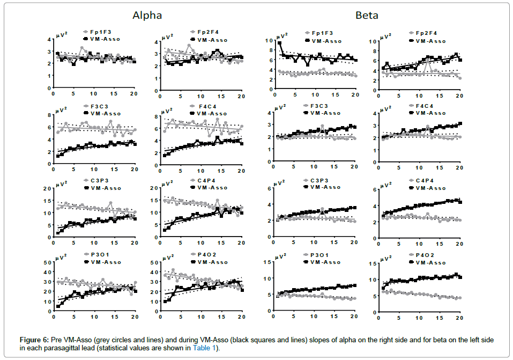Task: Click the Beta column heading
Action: pos(367,16)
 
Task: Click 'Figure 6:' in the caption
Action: pos(34,340)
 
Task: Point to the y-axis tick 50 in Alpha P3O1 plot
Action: pos(47,263)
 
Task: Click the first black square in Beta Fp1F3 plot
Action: pos(280,43)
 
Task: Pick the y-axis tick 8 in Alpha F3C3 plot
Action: pos(48,115)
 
